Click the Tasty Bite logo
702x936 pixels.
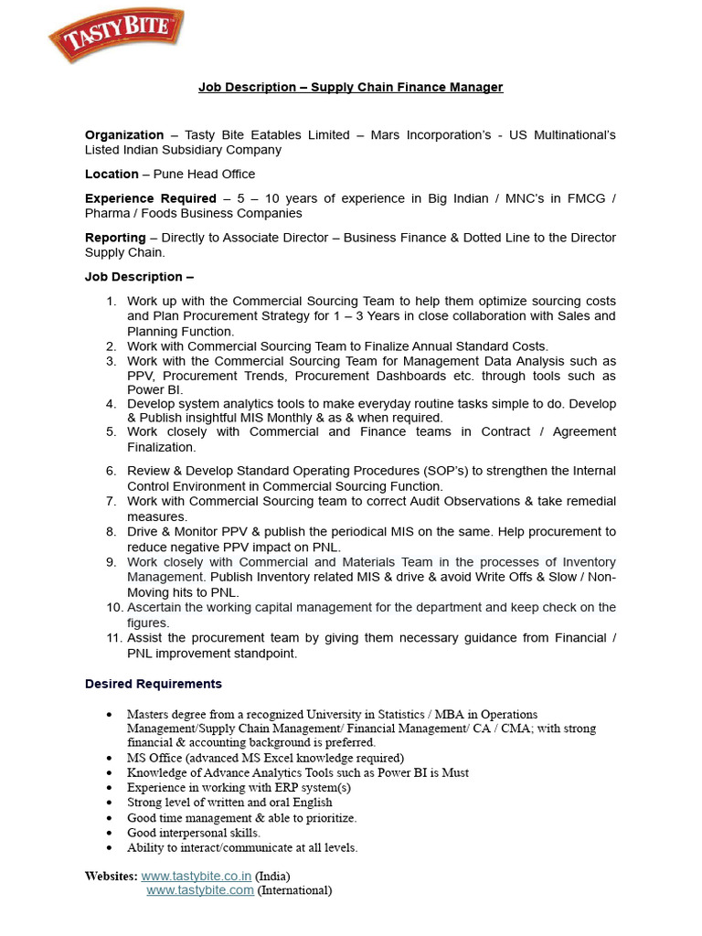115,35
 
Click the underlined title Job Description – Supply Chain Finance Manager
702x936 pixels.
351,87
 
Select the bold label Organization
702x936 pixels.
124,134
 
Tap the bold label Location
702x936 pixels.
112,174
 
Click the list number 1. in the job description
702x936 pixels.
111,301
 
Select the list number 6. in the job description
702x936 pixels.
111,471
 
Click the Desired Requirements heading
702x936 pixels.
154,684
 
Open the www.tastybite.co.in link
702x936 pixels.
197,876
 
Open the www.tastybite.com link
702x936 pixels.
200,890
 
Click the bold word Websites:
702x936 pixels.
111,876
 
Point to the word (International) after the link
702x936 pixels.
294,890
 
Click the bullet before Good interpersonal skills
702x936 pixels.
111,833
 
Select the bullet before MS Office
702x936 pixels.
111,758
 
